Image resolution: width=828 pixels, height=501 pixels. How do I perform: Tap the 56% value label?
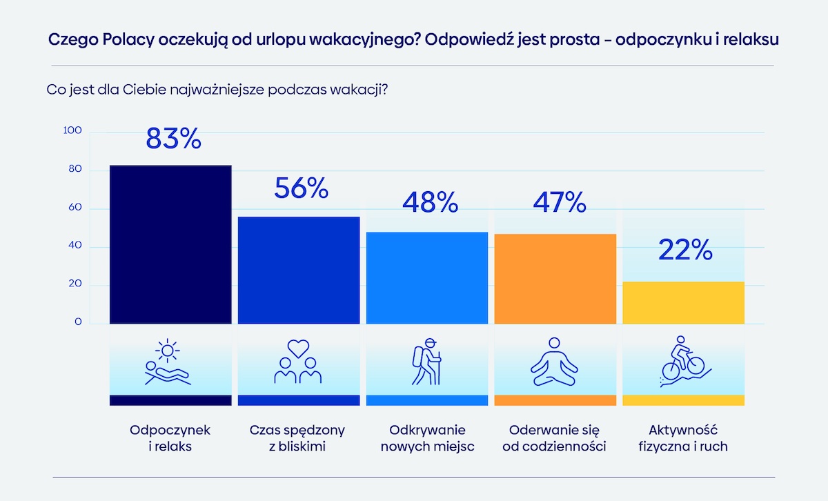coord(301,188)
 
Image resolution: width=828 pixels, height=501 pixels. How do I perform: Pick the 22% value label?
coord(685,250)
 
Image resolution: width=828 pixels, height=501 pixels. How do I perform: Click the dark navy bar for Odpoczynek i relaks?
coord(170,245)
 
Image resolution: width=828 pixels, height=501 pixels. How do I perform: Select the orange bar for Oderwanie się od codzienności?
coord(555,279)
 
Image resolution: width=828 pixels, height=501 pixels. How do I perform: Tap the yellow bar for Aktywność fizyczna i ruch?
coord(683,303)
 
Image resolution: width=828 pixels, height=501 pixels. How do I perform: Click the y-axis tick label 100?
coord(72,131)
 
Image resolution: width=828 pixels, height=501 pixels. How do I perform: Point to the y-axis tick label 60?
coord(75,208)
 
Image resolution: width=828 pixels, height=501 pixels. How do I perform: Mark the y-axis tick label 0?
coord(78,322)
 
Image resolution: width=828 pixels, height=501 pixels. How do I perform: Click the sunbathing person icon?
coord(168,364)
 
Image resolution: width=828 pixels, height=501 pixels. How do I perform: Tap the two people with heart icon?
coord(298,364)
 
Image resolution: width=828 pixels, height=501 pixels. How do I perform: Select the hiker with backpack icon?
coord(426,364)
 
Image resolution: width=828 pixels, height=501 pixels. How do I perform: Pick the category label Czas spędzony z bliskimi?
coord(297,438)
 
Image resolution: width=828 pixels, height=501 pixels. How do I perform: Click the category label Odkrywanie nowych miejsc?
coord(426,438)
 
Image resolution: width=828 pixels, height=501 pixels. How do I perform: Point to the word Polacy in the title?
coord(128,39)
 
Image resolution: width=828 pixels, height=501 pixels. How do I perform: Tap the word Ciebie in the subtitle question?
coord(144,90)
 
